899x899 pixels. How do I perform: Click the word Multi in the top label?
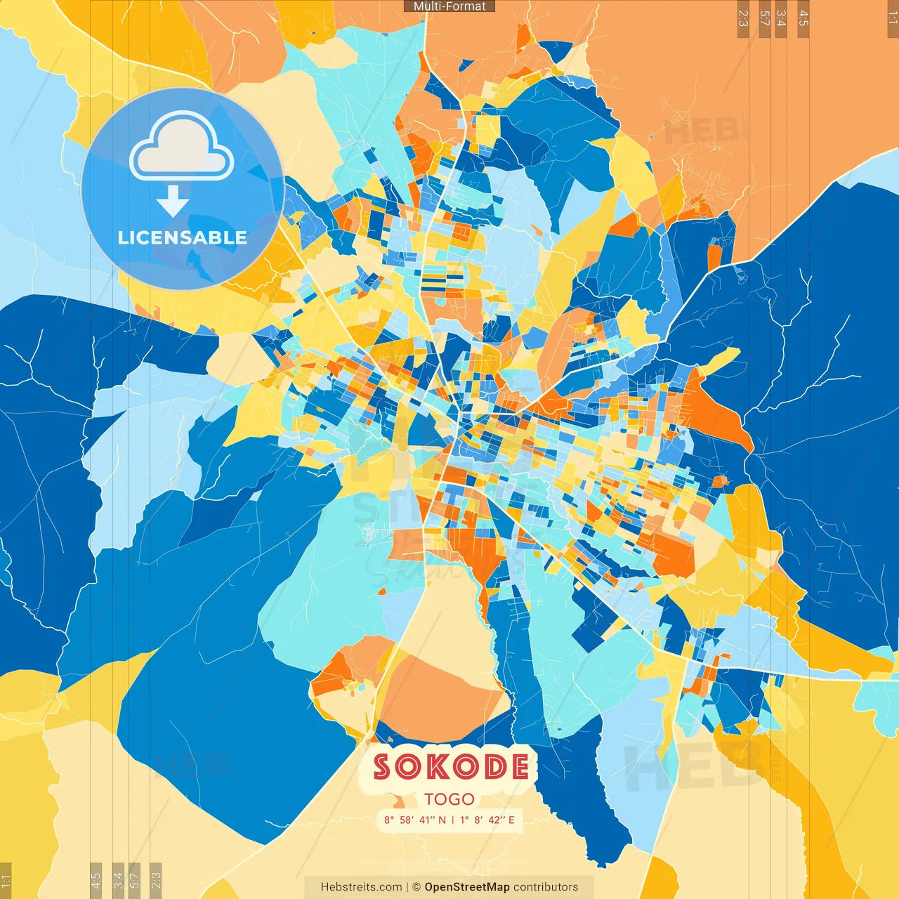click(427, 6)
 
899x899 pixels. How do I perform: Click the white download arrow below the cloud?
click(173, 202)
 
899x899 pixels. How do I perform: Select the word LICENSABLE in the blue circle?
click(183, 238)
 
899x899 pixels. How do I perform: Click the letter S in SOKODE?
click(383, 766)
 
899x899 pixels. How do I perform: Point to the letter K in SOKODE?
click(435, 766)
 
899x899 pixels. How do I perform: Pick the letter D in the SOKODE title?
click(491, 766)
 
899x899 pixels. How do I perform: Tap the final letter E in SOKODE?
click(518, 766)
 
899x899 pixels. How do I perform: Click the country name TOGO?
click(449, 799)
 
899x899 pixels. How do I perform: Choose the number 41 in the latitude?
click(427, 820)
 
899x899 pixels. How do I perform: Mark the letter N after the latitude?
click(442, 820)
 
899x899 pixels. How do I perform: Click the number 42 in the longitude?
click(494, 820)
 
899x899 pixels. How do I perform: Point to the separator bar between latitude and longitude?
click(453, 820)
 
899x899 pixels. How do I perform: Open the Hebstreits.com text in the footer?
click(361, 887)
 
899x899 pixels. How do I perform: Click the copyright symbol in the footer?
click(416, 887)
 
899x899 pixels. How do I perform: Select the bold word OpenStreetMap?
click(467, 887)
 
